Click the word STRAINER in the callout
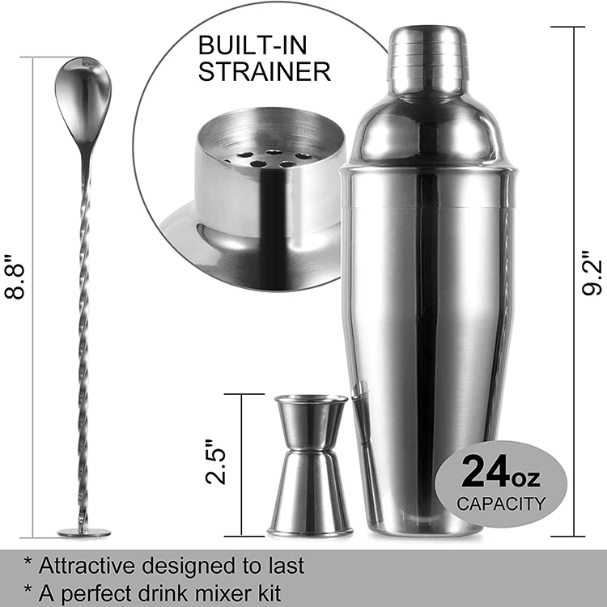265,72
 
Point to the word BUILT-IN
252,45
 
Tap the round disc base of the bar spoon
83,533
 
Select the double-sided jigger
310,465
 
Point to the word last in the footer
286,565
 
